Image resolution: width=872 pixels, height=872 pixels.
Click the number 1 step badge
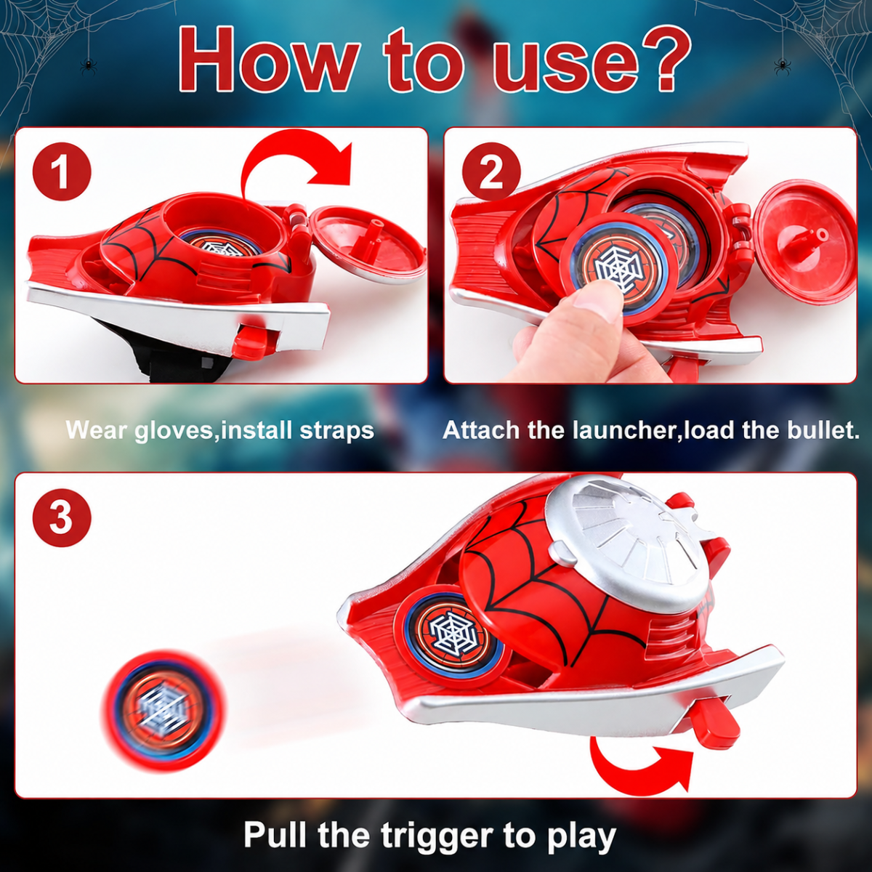click(62, 171)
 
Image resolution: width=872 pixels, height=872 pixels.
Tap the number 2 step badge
click(491, 171)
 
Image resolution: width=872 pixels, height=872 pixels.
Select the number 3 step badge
click(62, 517)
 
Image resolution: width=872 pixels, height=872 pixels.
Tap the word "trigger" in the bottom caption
click(437, 835)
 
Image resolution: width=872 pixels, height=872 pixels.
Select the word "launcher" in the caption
click(627, 430)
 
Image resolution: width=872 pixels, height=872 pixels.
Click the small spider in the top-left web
click(88, 67)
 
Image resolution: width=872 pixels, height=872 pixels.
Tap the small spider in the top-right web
click(782, 67)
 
